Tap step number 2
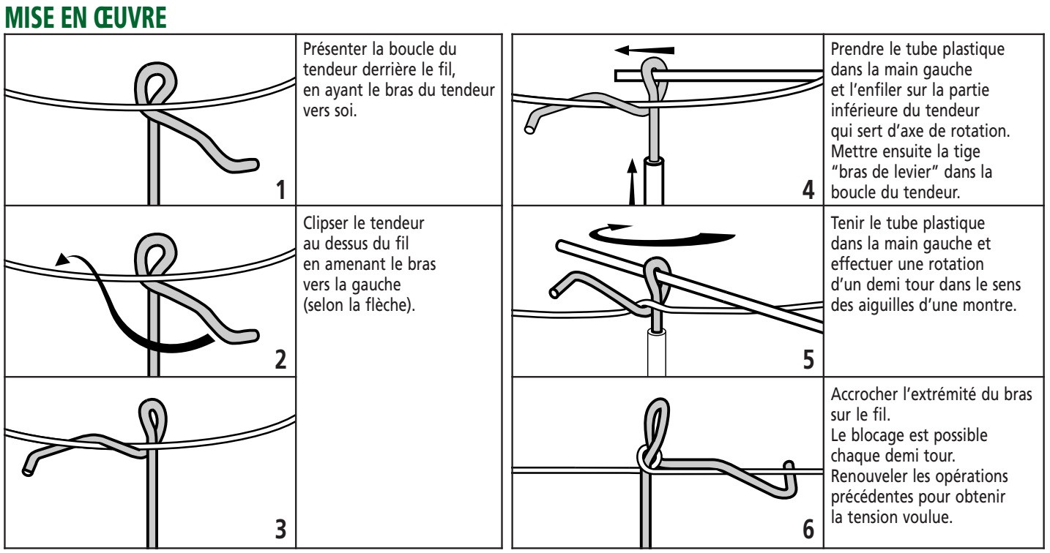[x=280, y=360]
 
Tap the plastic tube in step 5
[x=658, y=351]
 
